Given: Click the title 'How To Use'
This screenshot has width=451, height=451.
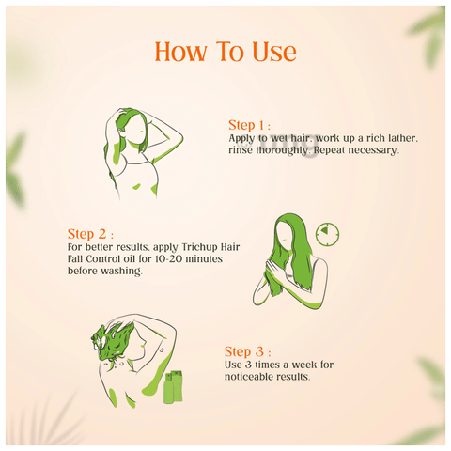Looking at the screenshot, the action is coord(225,52).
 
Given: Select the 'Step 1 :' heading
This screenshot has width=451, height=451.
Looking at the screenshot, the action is coord(249,125).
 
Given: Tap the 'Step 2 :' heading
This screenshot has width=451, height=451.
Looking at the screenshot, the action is coord(90,234).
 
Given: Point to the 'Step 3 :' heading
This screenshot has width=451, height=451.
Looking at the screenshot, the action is coord(247,351).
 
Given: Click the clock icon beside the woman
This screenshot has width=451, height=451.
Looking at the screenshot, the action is coord(327,234).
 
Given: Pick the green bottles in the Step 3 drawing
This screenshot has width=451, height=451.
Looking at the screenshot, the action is coord(173,387).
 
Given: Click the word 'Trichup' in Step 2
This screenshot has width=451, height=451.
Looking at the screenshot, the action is coord(200,247).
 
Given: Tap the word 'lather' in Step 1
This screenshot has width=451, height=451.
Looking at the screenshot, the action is coord(403,138).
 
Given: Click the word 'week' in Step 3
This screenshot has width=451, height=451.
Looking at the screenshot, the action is coord(303,365).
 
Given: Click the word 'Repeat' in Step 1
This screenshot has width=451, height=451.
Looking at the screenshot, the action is coord(329,150).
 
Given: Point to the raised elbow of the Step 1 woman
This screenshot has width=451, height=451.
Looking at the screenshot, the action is coord(181,138).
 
